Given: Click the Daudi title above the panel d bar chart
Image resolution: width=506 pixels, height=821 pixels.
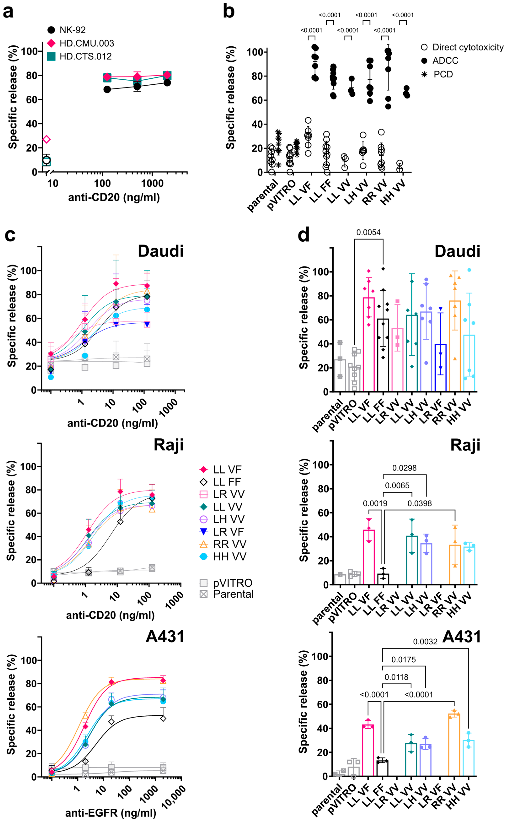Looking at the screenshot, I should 457,251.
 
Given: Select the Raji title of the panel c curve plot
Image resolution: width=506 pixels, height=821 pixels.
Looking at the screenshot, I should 168,445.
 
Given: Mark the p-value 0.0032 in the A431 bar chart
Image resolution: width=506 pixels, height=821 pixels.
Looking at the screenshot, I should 425,642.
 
